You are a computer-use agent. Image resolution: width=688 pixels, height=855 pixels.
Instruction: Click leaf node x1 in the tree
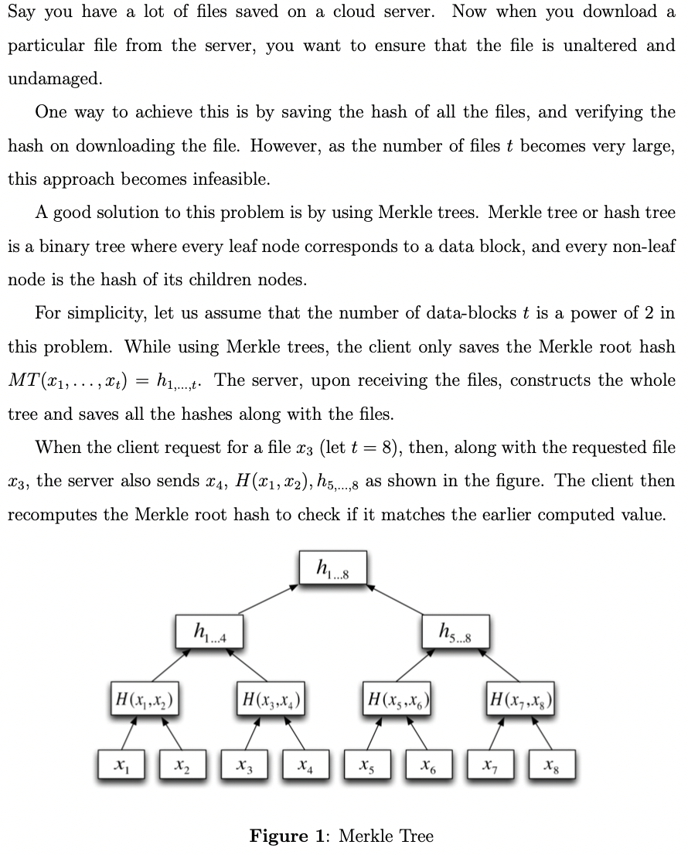coord(121,765)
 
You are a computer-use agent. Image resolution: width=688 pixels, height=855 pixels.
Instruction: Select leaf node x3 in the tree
coord(244,765)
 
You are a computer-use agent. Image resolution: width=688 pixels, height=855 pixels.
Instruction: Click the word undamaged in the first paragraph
coord(53,79)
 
